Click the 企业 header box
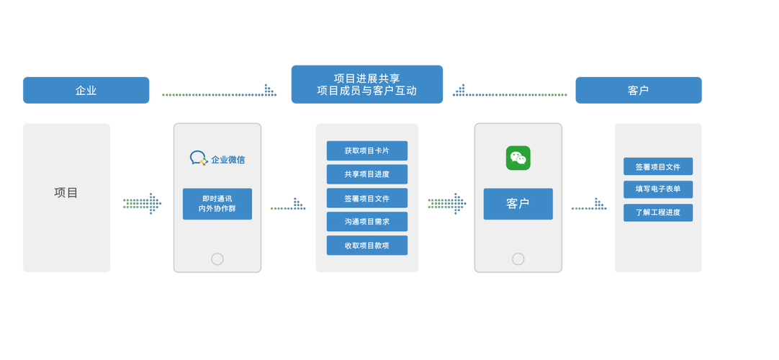coord(86,90)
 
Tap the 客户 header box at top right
coord(639,90)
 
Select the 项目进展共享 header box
coord(366,84)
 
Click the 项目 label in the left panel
coord(66,193)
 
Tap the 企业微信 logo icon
coord(198,158)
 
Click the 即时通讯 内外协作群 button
coord(217,204)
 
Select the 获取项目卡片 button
coord(366,150)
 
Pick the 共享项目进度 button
coord(366,174)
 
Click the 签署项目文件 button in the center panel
coord(366,198)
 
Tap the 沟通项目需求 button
coord(366,222)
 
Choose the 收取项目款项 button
coord(366,246)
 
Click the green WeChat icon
coord(518,158)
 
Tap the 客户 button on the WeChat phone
coord(518,204)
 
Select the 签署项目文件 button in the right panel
coord(658,166)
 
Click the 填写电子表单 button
coord(658,189)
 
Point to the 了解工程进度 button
coord(658,212)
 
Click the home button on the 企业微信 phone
coord(217,259)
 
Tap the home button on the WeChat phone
coord(518,259)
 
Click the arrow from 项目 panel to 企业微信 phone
coord(142,203)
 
